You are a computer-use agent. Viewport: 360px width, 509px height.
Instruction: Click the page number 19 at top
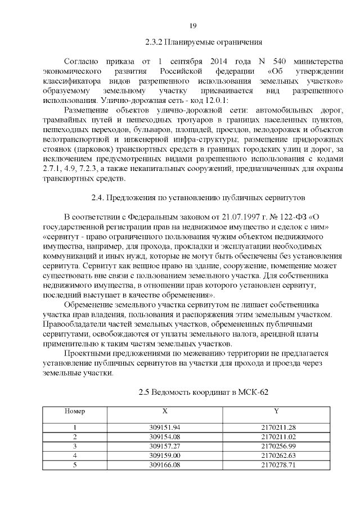(192, 26)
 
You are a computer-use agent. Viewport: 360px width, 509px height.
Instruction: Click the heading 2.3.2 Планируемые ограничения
(204, 42)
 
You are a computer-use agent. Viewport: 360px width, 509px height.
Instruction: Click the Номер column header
(75, 411)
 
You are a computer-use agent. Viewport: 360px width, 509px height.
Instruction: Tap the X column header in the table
(164, 411)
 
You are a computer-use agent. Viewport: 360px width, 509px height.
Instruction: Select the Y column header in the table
(276, 411)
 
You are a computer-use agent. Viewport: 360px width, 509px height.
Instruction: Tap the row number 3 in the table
(75, 445)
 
